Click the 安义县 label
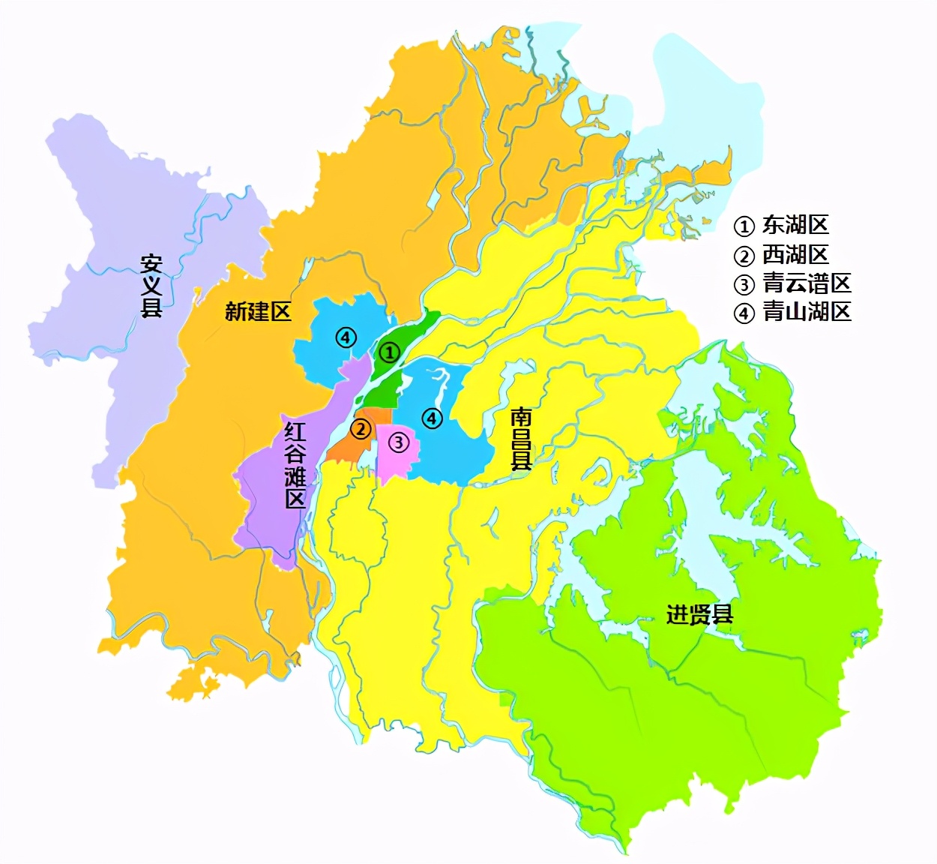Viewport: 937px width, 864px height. coord(151,286)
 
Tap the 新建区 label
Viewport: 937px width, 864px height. coord(258,311)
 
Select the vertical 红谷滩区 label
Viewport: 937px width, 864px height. coord(295,465)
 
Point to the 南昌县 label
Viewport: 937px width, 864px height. coord(521,439)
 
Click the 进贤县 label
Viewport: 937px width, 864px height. coord(699,615)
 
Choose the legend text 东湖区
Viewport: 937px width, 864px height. coord(795,225)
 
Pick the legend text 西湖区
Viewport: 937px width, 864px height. coord(795,255)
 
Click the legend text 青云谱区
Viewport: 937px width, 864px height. coord(807,283)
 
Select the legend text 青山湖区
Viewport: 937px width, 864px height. coord(807,311)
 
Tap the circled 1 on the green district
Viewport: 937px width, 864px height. coord(388,352)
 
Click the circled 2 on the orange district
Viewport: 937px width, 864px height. coord(361,429)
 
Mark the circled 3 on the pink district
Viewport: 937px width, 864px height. coord(398,443)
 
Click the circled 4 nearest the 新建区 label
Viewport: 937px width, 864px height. coord(346,337)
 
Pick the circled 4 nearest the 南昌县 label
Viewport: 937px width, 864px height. coord(433,418)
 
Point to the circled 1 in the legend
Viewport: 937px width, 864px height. coord(744,226)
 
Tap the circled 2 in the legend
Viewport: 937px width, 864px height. coord(744,256)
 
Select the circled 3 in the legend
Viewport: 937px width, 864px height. coord(744,285)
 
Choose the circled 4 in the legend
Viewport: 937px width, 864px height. coord(744,313)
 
